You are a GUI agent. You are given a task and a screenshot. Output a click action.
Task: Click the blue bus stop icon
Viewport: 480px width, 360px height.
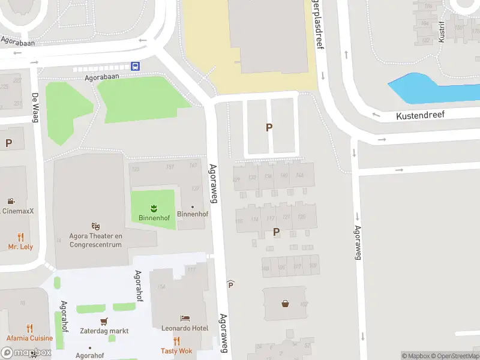[136, 67]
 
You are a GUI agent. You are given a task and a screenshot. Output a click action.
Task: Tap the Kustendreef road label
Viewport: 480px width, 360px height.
[420, 114]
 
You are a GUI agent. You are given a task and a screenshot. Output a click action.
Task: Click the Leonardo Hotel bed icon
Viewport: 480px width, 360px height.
[185, 318]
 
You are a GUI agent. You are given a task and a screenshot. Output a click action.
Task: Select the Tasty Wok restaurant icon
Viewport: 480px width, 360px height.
[176, 341]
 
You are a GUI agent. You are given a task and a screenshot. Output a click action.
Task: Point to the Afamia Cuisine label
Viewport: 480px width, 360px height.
[30, 338]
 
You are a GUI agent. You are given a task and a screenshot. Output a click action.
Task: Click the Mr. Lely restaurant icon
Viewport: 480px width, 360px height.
[20, 237]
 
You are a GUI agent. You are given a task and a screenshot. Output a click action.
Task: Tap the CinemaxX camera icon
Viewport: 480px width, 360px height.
[11, 201]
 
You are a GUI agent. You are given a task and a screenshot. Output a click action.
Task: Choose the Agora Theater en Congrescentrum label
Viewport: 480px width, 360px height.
[96, 240]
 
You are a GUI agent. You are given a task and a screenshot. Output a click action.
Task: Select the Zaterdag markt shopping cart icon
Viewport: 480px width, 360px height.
[104, 321]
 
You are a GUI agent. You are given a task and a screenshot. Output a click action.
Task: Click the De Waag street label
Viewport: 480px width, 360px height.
[35, 107]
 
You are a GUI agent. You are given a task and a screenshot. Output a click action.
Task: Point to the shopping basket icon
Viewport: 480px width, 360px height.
[285, 303]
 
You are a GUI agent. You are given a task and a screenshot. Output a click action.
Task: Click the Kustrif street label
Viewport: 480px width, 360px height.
[442, 31]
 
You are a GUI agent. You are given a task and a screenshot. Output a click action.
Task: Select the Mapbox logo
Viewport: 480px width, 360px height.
[25, 353]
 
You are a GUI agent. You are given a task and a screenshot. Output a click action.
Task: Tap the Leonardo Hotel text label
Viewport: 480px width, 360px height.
[185, 328]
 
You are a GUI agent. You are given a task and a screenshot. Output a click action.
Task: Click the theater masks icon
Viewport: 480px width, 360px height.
[95, 226]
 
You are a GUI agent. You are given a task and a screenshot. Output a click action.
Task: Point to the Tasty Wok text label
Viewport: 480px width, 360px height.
[176, 351]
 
